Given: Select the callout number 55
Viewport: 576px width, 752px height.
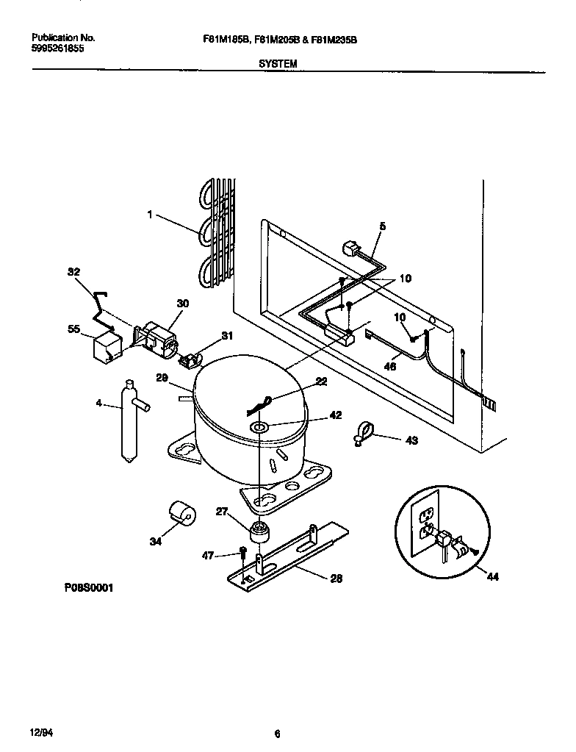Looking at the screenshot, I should tap(73, 330).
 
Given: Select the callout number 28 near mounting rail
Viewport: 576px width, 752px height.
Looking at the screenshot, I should tap(336, 579).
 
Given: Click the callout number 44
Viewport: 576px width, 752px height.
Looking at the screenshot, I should tap(493, 577).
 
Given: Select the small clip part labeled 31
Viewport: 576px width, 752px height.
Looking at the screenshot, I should tap(190, 360).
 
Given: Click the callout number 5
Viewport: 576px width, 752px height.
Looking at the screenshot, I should tap(382, 226).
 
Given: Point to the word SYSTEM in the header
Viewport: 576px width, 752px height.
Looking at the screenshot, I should tap(278, 64).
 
